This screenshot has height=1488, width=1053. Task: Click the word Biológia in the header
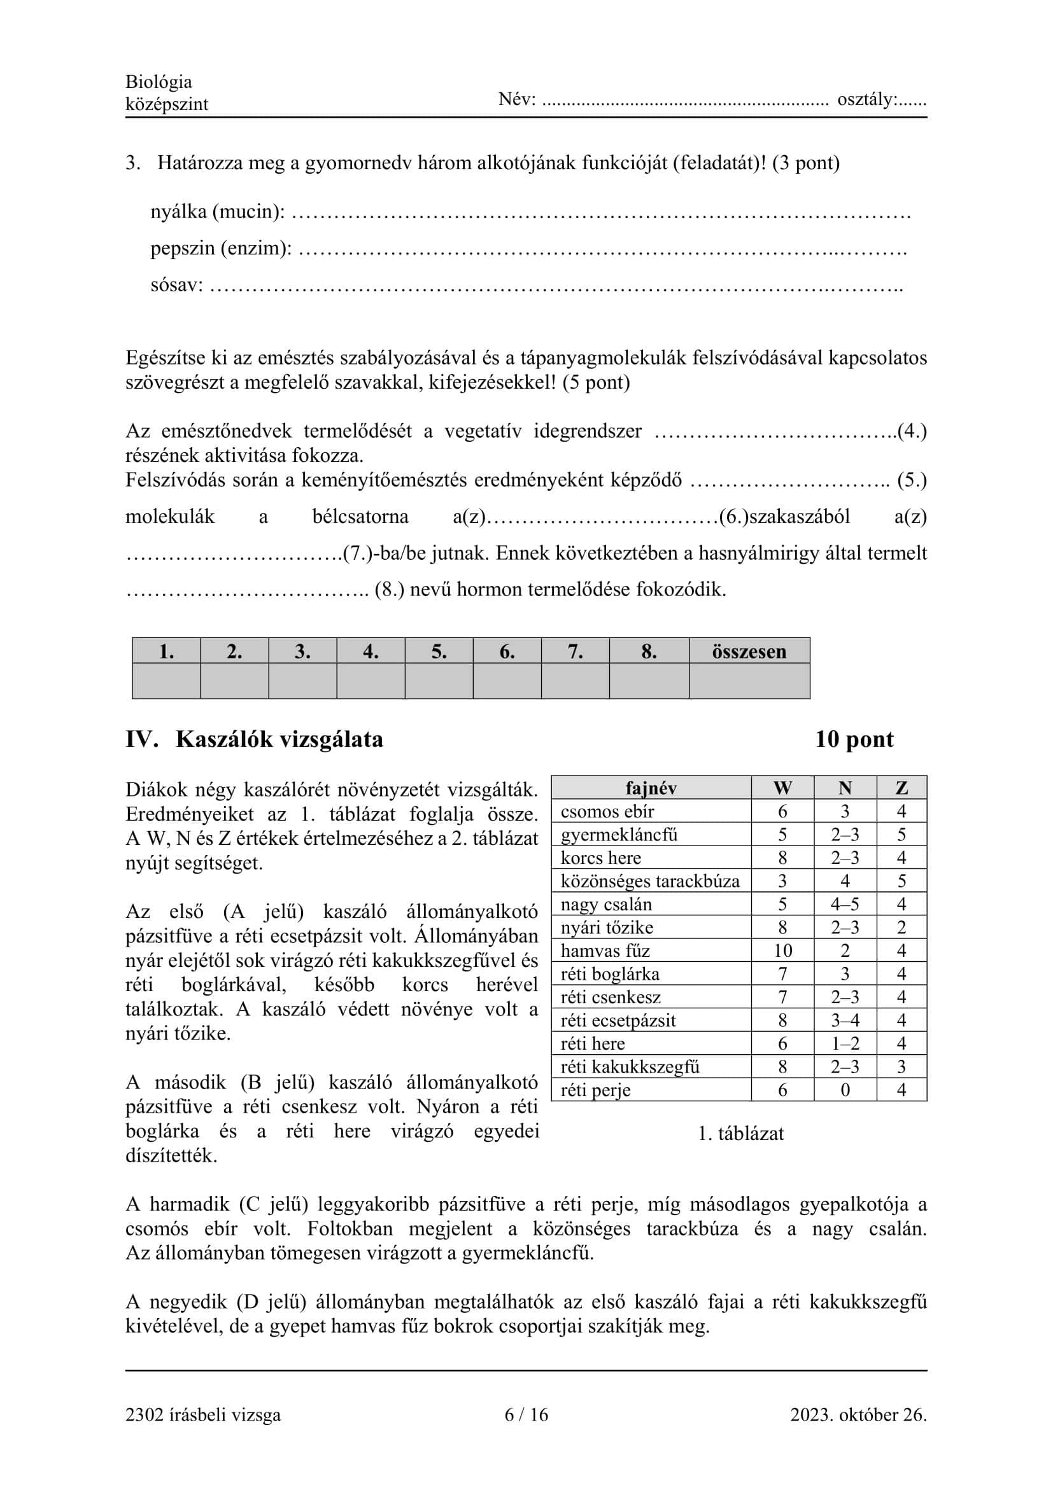coord(159,81)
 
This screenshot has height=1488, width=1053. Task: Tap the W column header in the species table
coord(782,788)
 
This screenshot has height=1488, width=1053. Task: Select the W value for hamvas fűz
coord(782,950)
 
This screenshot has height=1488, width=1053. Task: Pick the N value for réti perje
coord(845,1090)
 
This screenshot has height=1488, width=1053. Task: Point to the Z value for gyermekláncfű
coord(901,835)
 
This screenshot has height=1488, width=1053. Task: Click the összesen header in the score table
coord(749,651)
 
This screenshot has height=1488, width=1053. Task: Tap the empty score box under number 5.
coord(439,681)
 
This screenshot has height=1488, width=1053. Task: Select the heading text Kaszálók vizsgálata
coord(279,739)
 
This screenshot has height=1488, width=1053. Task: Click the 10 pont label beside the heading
coord(854,739)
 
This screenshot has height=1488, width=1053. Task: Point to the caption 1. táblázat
coord(740,1134)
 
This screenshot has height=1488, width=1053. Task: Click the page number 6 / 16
coord(526,1415)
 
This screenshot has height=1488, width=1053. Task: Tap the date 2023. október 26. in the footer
coord(858,1415)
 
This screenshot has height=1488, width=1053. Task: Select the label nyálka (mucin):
coord(217,212)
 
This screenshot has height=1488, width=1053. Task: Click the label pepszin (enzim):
coord(221,248)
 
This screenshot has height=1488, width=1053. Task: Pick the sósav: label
coord(176,285)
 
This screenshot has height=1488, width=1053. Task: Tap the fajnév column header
coord(651,788)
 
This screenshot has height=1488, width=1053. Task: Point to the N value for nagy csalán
coord(845,904)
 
